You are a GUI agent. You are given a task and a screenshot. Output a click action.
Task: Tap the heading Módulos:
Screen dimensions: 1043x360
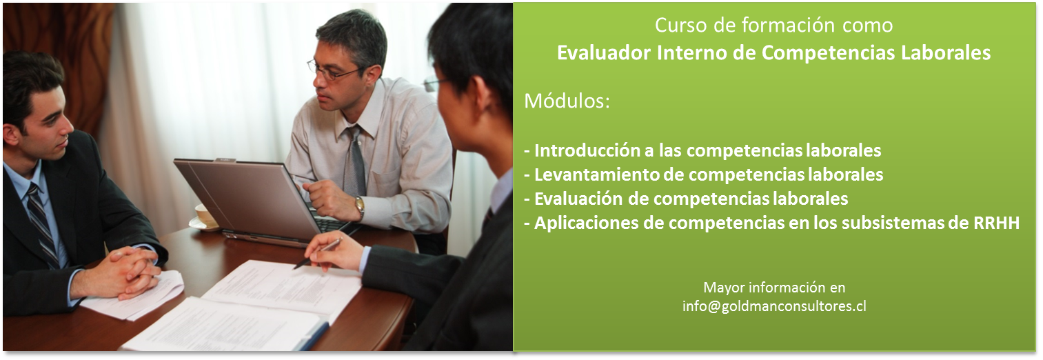coord(567,101)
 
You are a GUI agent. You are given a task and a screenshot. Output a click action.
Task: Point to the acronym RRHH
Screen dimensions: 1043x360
coord(996,223)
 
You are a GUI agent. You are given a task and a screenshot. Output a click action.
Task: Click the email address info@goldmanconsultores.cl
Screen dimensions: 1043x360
coord(774,306)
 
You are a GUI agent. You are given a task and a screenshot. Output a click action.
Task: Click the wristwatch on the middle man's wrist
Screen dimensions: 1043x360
coord(359,208)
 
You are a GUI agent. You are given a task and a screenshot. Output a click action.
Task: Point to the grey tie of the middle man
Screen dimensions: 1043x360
coord(354,161)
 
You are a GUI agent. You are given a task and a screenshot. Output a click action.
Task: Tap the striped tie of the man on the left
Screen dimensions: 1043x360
coord(42,223)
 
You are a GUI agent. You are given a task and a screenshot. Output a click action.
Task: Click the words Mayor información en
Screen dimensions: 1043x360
coord(774,288)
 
